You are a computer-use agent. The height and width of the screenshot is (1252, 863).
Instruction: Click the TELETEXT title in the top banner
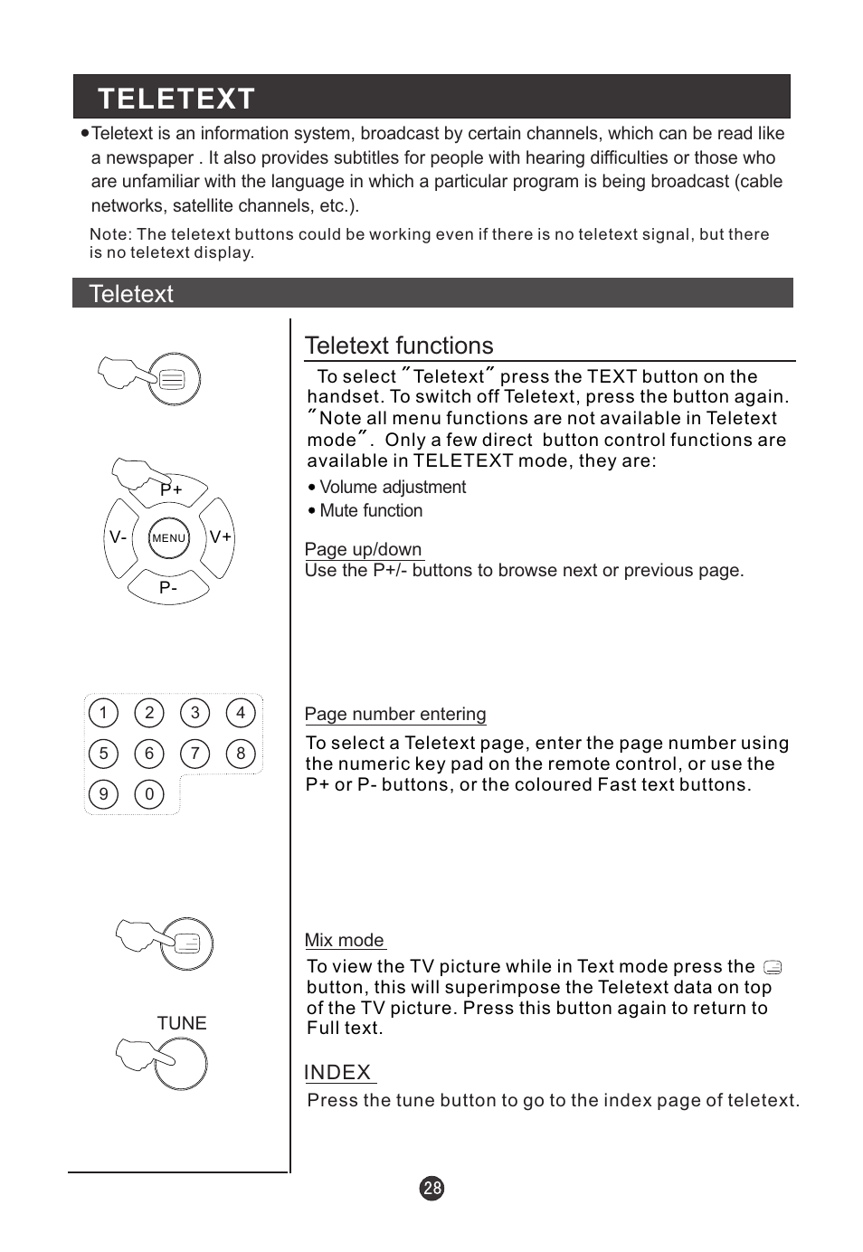176,99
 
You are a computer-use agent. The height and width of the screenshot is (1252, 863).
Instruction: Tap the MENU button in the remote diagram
169,537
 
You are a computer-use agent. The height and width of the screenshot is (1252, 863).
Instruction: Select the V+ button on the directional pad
220,536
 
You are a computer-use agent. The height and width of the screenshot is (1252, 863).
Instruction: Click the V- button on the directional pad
119,536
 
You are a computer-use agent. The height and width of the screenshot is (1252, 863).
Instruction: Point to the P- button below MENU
169,587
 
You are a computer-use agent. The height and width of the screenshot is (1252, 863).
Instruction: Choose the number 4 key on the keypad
241,713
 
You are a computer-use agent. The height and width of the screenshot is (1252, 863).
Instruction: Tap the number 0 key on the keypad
149,794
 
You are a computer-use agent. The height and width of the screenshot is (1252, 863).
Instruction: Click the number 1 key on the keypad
104,713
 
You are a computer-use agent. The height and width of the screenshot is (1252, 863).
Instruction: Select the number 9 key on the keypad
104,794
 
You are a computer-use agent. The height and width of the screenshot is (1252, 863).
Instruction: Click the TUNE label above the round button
182,1023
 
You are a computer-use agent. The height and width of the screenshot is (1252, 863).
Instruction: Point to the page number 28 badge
432,1188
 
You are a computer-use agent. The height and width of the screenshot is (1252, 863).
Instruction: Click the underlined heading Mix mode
345,940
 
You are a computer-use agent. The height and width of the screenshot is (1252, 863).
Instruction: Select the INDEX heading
338,1072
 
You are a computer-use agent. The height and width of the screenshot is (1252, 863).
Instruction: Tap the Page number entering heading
395,714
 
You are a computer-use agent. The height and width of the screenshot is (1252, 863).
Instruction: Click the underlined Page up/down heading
364,549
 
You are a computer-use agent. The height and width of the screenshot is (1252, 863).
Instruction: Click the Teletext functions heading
399,346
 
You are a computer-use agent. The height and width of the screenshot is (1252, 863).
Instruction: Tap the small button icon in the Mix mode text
773,967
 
